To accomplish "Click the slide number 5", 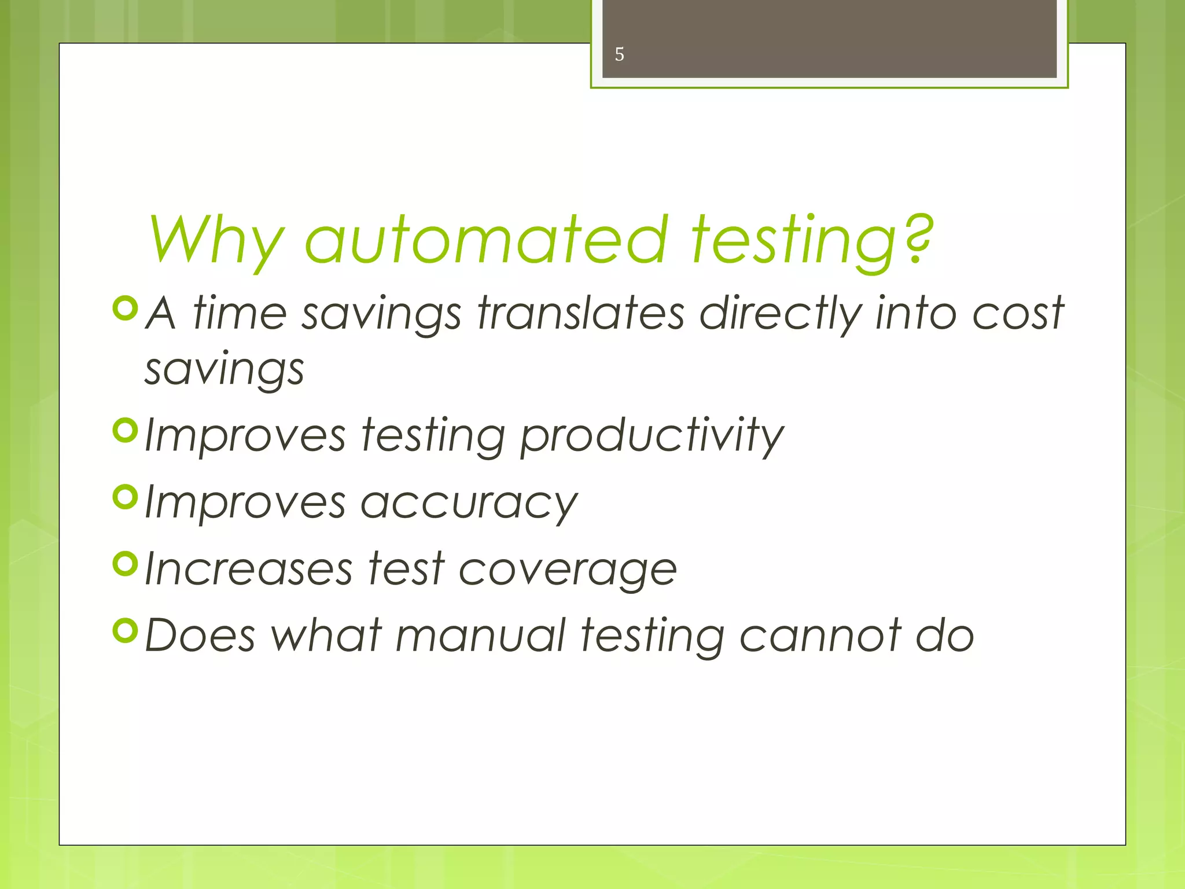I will point(619,54).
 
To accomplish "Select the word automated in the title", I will point(486,238).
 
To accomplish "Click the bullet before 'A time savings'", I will point(126,308).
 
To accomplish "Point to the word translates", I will point(581,313).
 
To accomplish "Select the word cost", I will point(1018,313).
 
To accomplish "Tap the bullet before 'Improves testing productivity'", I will point(126,430).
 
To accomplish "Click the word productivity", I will point(652,435).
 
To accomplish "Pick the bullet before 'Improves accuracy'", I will point(126,497).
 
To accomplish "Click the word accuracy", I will point(469,502).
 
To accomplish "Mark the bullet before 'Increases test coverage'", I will point(126,563).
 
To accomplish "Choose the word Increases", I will point(248,568).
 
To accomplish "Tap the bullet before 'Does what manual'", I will point(126,630).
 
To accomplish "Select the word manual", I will point(480,635).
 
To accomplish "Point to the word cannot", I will point(820,635).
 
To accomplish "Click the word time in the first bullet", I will point(240,313).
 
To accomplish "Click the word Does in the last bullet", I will point(200,635).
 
